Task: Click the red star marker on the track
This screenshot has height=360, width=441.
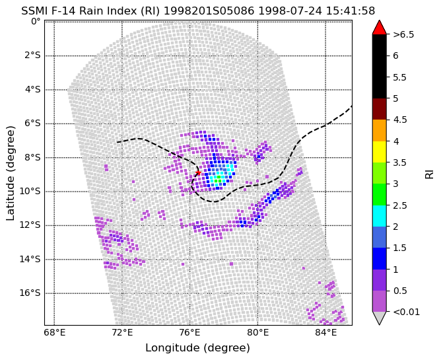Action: click(x=198, y=172)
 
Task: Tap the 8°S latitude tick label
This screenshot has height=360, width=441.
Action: click(x=30, y=158)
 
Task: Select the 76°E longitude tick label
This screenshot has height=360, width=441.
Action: click(x=190, y=333)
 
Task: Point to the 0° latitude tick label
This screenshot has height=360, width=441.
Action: click(x=36, y=21)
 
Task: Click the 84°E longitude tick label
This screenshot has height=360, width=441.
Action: click(x=325, y=333)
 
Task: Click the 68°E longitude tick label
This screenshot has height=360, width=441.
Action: click(x=54, y=333)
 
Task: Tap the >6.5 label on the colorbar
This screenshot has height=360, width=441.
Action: click(x=403, y=34)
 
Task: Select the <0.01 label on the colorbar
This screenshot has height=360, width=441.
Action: click(x=407, y=312)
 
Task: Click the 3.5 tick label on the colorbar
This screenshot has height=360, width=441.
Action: click(x=399, y=162)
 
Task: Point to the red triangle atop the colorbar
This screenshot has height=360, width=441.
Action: click(x=380, y=28)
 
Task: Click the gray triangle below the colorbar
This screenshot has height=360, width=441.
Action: click(x=380, y=318)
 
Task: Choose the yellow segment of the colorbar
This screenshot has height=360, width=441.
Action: click(x=380, y=152)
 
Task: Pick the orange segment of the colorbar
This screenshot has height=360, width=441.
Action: click(x=380, y=131)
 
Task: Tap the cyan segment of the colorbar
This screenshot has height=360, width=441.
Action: click(x=380, y=216)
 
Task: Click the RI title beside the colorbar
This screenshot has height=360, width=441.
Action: click(x=430, y=173)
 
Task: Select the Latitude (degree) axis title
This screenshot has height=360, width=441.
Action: click(x=10, y=173)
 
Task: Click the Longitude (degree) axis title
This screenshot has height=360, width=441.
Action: click(x=197, y=348)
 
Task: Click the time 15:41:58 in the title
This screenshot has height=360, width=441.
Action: click(x=351, y=11)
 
